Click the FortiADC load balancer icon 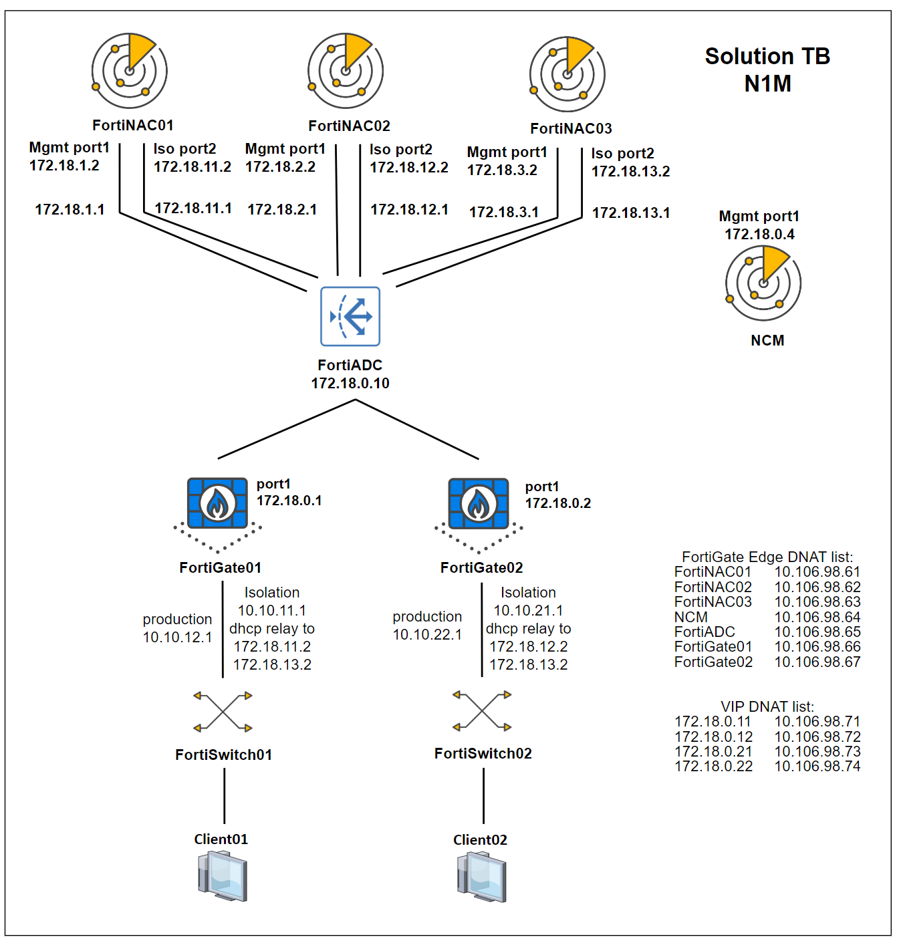pos(350,316)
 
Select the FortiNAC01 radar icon pos(130,71)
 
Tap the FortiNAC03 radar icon pos(567,74)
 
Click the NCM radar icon pos(763,283)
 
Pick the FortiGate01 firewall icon pos(217,503)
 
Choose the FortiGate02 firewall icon pos(479,503)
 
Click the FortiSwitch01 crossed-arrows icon pos(223,711)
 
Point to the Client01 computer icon pos(223,877)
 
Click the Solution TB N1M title pos(767,70)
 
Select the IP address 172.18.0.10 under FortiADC pos(350,383)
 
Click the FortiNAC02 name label pos(349,126)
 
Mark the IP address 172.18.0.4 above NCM pos(759,234)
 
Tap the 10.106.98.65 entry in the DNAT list pos(817,632)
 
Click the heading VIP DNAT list pos(767,706)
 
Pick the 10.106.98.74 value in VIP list pos(817,766)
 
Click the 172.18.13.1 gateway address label pos(630,213)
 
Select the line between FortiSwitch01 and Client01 pos(225,795)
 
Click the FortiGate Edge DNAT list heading pos(767,557)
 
